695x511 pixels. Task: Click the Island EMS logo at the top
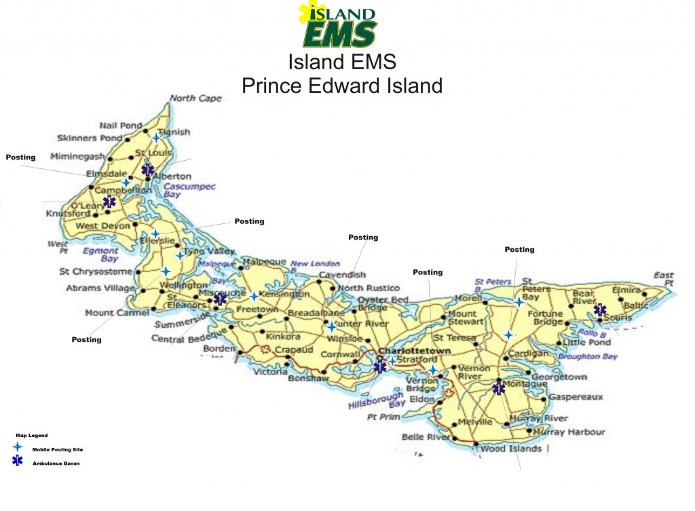pyautogui.click(x=337, y=24)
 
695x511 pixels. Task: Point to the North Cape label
pyautogui.click(x=195, y=98)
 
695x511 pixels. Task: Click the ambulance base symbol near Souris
pyautogui.click(x=600, y=310)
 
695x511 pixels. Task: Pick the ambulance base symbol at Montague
pyautogui.click(x=499, y=388)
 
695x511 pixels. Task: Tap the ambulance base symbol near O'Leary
pyautogui.click(x=109, y=202)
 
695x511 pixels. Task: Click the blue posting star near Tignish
pyautogui.click(x=156, y=138)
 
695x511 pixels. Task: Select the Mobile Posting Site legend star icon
pyautogui.click(x=17, y=448)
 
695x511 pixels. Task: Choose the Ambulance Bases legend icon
pyautogui.click(x=17, y=461)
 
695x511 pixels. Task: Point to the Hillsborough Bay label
pyautogui.click(x=377, y=399)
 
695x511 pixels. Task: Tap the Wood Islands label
pyautogui.click(x=510, y=449)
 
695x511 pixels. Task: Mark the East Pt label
pyautogui.click(x=663, y=278)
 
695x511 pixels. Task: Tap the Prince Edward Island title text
pyautogui.click(x=342, y=86)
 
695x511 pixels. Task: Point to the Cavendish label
pyautogui.click(x=342, y=275)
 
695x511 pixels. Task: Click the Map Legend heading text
pyautogui.click(x=32, y=436)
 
